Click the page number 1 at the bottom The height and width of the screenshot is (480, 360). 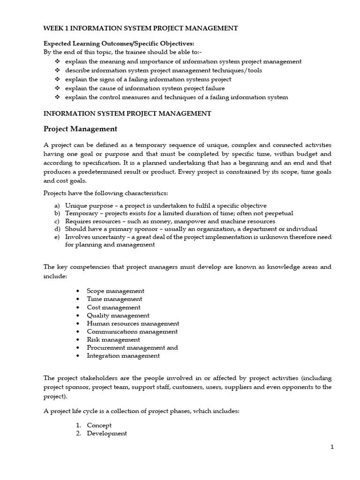(x=332, y=447)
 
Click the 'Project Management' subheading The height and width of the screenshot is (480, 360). (x=80, y=128)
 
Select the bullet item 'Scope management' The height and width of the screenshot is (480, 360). (x=115, y=291)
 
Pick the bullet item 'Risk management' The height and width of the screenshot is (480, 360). (x=113, y=339)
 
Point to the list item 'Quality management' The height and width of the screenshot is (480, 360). (x=118, y=315)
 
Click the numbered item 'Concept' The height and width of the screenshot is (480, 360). (x=99, y=425)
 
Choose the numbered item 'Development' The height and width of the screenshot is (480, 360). (x=107, y=434)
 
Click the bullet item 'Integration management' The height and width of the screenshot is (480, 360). (x=123, y=356)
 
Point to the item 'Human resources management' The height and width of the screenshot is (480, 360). (x=133, y=323)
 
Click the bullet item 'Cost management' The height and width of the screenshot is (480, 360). (x=113, y=307)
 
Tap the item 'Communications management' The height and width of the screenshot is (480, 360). (x=132, y=331)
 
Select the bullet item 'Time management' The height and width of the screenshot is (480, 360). (x=114, y=299)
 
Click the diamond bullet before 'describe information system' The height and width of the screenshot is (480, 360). (x=57, y=70)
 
